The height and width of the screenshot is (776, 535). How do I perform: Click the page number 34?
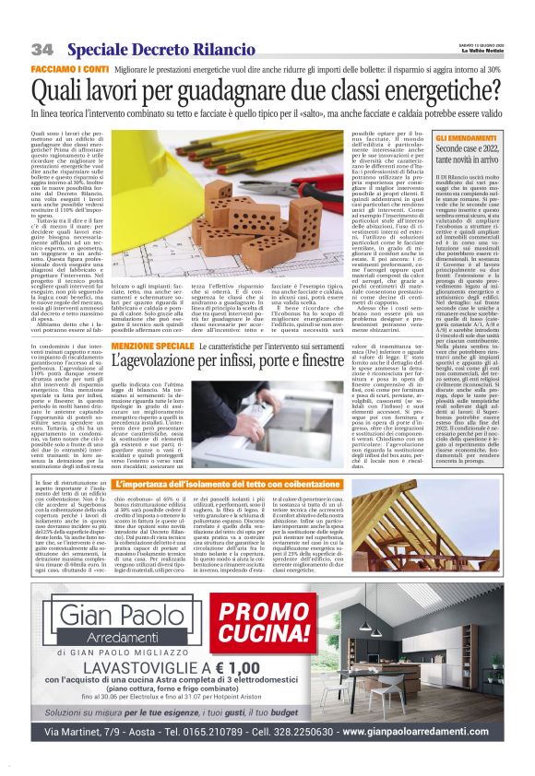[x=42, y=47]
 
